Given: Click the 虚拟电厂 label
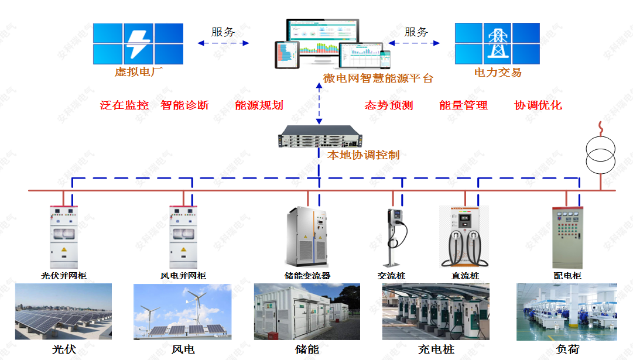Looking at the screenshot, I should [138, 73].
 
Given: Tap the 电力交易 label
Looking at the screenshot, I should [498, 73].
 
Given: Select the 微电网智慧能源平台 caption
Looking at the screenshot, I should [378, 78].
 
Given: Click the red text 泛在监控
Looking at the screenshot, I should [124, 105].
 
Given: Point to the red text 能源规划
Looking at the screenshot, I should [259, 105].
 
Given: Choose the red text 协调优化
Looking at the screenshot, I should [538, 105].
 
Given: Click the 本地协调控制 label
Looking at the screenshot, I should [363, 155].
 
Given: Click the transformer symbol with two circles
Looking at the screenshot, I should [601, 155].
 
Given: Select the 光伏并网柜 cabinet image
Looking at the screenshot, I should [63, 237].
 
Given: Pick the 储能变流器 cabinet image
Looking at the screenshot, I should [308, 237].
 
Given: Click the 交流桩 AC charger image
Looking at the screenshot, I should [394, 237].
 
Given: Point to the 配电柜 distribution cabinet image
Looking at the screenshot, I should [567, 237].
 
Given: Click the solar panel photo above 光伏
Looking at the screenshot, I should [63, 311].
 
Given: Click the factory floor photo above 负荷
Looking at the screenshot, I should [567, 311].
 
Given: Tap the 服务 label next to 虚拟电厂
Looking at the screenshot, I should [223, 32].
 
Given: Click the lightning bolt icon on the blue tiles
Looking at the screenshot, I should [138, 44].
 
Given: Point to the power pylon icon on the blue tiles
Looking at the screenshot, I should [497, 44].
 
